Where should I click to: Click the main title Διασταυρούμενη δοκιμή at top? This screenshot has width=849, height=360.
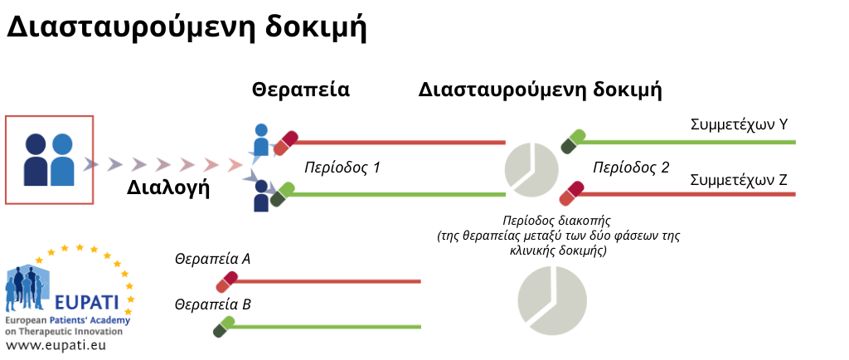[187, 27]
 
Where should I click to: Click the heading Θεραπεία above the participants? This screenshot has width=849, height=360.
[300, 90]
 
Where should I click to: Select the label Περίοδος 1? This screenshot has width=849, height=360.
[342, 168]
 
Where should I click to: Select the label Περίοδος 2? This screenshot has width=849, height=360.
[631, 168]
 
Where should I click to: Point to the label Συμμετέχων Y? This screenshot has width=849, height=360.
[739, 125]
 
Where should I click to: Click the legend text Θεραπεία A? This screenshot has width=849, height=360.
[212, 260]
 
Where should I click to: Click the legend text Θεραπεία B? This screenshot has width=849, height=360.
[212, 304]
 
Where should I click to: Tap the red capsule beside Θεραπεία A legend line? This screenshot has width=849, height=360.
[227, 282]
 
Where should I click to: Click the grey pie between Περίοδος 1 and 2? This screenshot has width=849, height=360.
[531, 170]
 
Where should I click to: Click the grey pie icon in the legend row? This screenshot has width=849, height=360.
[551, 300]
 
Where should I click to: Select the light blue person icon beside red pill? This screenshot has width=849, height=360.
[261, 140]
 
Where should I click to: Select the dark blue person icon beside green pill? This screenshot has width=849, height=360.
[261, 196]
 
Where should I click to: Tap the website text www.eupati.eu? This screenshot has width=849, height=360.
[56, 345]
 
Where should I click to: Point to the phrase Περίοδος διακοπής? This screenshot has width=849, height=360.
[556, 221]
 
